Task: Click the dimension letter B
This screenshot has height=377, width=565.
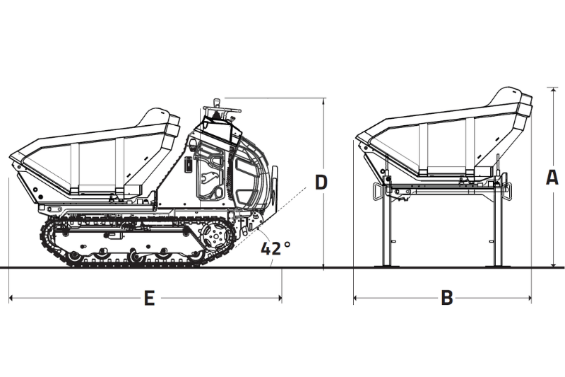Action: pos(446,298)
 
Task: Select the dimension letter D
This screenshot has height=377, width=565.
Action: pos(321,182)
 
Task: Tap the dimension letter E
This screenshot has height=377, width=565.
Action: pos(149,298)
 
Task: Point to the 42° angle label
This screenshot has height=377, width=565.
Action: pos(275,248)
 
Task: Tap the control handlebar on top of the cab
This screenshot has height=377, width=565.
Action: pos(220,110)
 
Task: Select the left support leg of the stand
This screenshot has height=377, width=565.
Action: pos(386,226)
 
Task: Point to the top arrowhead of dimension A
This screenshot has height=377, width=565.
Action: pos(552,90)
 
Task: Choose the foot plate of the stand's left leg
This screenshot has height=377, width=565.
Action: pos(386,266)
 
